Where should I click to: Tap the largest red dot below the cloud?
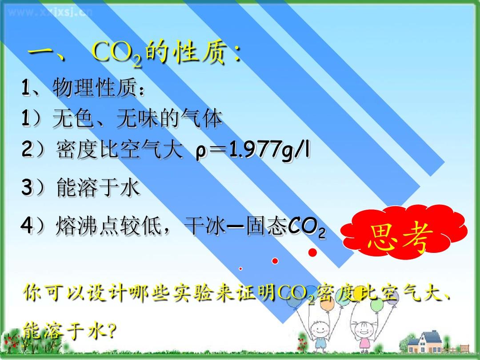(x=312, y=252)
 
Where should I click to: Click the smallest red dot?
(x=240, y=268)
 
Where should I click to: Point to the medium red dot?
(x=275, y=261)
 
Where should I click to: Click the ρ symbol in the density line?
(x=200, y=152)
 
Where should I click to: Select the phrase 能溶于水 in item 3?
(x=98, y=188)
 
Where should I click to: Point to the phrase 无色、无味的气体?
(x=137, y=118)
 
